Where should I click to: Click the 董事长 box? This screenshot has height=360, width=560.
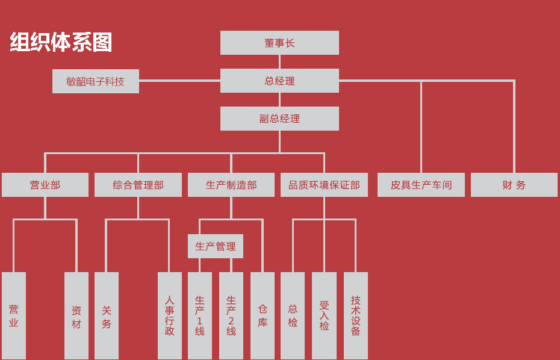coord(279,43)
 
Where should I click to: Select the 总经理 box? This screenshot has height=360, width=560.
coord(279,81)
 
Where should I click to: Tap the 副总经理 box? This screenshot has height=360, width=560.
coord(279,119)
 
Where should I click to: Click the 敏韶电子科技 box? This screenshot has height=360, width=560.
coord(96,81)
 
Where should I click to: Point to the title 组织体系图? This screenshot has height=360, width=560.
coord(61,43)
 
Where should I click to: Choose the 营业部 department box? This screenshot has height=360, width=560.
coord(45,185)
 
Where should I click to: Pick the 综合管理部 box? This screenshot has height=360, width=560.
coord(138,185)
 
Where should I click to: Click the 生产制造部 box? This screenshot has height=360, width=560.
coord(231,185)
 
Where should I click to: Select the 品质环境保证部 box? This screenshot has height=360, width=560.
coord(324,185)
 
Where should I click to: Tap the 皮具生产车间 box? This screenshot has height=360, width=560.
coord(421,185)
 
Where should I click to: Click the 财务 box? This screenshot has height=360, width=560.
coord(514,185)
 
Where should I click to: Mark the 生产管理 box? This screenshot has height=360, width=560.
coord(216,246)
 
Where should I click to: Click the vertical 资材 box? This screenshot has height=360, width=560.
coord(76,316)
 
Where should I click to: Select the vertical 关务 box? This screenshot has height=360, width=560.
coord(107,316)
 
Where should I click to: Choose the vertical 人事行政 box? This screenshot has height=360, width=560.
coord(170,316)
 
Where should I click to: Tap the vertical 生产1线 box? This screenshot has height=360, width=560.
coord(200,316)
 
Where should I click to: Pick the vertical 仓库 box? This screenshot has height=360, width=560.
coord(263,316)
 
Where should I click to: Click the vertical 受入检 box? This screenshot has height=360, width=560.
coord(324,316)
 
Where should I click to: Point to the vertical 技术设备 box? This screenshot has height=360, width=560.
coord(356,316)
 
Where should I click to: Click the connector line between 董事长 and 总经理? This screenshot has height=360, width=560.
coord(279,61)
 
